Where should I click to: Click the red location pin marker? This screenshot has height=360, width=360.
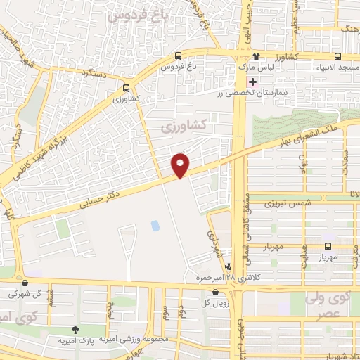point(181,165)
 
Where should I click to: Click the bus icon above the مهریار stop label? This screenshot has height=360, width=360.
point(328,246)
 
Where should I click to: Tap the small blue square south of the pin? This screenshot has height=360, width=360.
point(155,226)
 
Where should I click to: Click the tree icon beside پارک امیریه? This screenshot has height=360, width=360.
point(75,328)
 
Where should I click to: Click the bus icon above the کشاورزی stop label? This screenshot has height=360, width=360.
point(126,89)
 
